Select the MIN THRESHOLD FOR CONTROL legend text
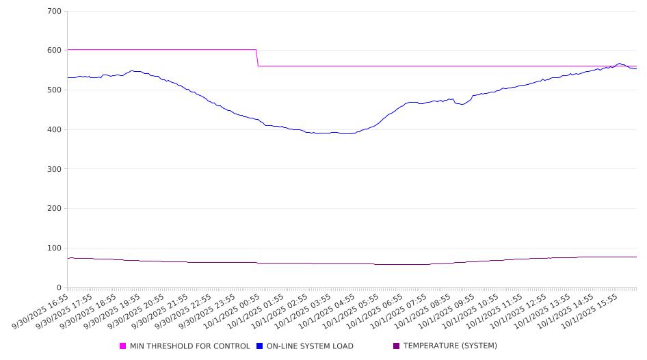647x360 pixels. (x=190, y=346)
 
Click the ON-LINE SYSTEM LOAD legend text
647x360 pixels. (x=310, y=346)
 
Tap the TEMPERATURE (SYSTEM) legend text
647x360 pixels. (x=450, y=346)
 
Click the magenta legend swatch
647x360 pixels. (x=123, y=346)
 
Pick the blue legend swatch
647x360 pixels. (x=260, y=346)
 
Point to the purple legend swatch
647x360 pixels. (x=397, y=346)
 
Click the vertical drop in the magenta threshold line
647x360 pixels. (x=257, y=57)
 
